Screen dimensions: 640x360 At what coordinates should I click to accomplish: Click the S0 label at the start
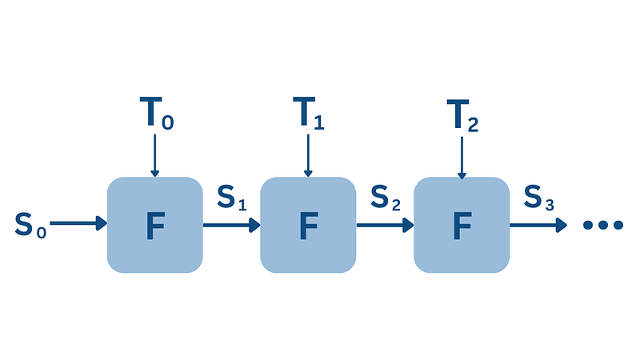(x=30, y=225)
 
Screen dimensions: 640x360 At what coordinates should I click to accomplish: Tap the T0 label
(x=157, y=113)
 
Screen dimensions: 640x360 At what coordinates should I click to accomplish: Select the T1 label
(x=309, y=113)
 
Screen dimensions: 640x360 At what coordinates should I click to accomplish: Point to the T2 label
(x=462, y=115)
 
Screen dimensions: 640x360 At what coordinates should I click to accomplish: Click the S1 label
(x=232, y=198)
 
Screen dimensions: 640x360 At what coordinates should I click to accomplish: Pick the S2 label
(x=386, y=198)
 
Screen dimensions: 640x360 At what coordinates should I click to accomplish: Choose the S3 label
(x=538, y=198)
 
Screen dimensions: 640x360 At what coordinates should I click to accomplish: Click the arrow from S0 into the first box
(x=78, y=223)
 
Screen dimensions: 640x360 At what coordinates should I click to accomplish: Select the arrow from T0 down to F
(x=154, y=155)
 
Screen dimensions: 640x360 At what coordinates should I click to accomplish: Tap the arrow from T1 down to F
(x=308, y=155)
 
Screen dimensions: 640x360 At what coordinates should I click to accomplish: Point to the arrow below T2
(x=462, y=158)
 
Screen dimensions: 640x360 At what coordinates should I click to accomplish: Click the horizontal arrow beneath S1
(x=231, y=225)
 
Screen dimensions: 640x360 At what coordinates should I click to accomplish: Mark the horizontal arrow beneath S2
(x=386, y=225)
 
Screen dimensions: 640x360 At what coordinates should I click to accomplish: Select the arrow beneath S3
(x=538, y=225)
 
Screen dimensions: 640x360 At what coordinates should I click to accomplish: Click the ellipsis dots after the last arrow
(x=603, y=225)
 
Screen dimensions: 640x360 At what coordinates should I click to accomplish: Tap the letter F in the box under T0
(x=155, y=226)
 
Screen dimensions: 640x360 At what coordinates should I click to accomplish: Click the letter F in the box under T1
(x=309, y=226)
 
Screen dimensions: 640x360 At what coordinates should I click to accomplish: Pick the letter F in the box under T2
(x=462, y=226)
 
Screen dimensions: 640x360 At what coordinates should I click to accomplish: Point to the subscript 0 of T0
(x=168, y=122)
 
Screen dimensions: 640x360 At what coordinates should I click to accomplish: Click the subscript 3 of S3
(x=550, y=204)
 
